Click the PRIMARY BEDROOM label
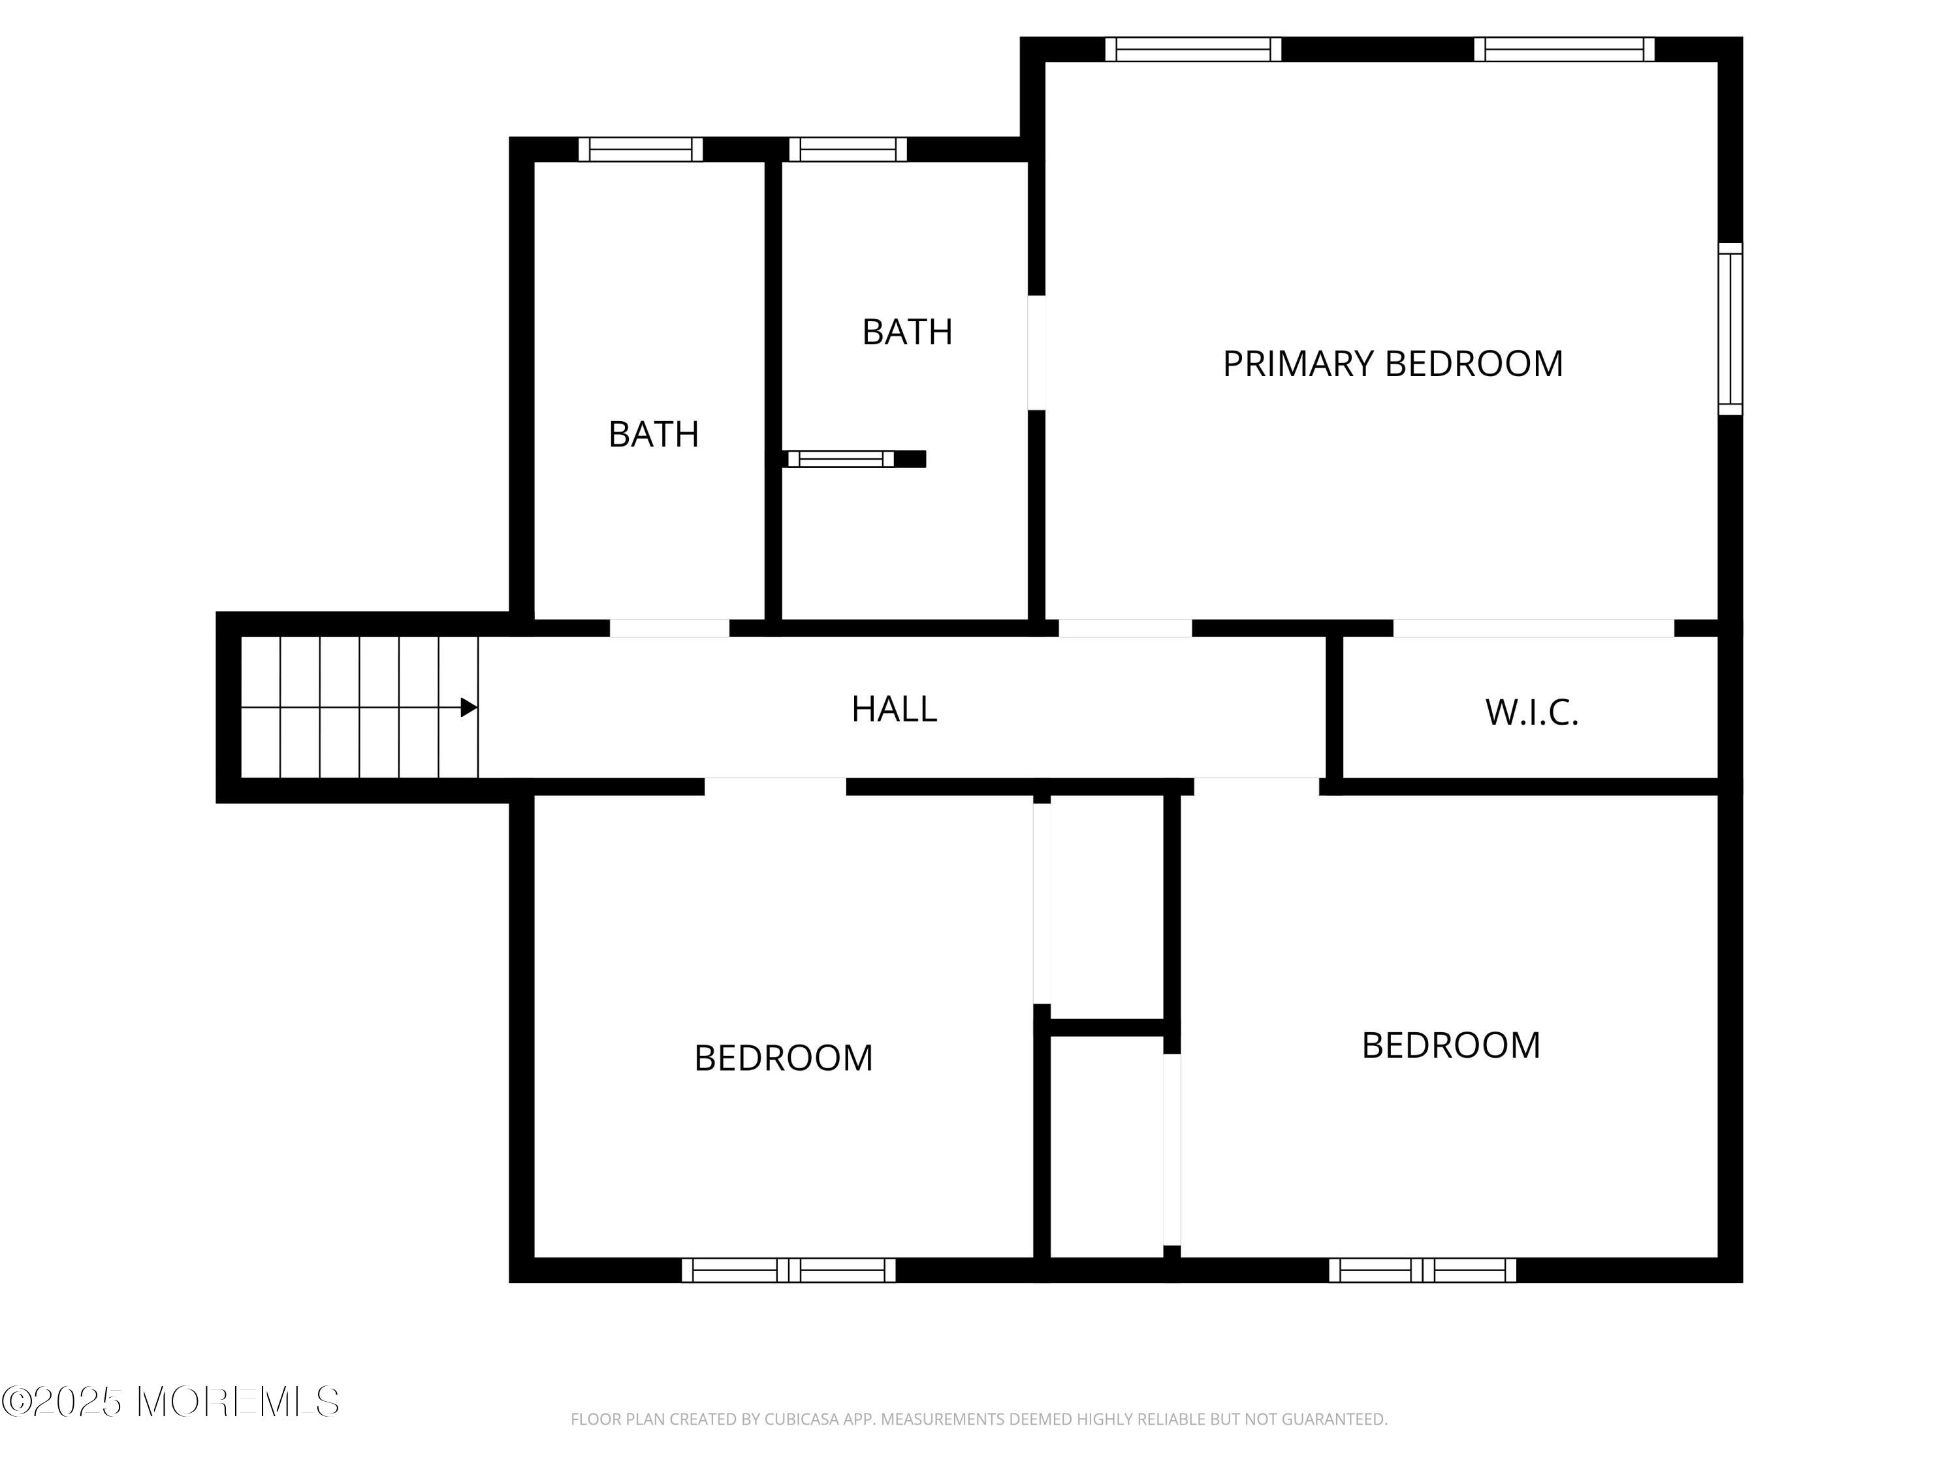click(x=1392, y=364)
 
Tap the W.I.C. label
click(x=1531, y=713)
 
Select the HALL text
click(x=893, y=709)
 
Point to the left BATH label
click(x=654, y=434)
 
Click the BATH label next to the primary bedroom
click(x=907, y=332)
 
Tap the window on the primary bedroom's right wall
click(x=1730, y=328)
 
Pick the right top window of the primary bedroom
click(x=1564, y=50)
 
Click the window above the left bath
click(x=641, y=150)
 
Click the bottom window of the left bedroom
click(x=788, y=1270)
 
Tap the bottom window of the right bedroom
click(x=1422, y=1270)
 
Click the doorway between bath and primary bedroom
click(x=1036, y=353)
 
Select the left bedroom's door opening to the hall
click(x=775, y=786)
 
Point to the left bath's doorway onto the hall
click(x=669, y=628)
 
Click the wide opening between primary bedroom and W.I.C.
click(x=1533, y=628)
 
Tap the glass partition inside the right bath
click(x=840, y=459)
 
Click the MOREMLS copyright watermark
click(x=170, y=1401)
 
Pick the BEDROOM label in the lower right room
click(x=1451, y=1046)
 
